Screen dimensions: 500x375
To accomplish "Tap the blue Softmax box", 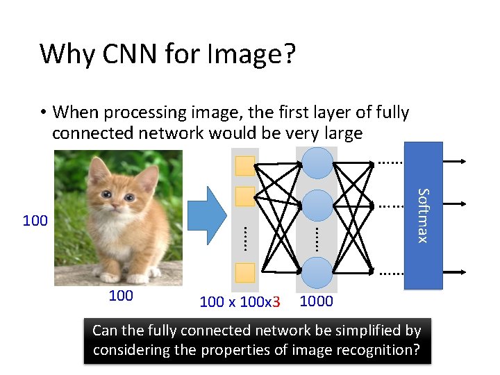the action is [423, 215].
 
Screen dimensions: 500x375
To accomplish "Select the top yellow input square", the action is [245, 166].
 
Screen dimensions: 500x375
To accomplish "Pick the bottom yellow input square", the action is [245, 273].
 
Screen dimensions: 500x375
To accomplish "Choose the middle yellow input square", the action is [245, 197].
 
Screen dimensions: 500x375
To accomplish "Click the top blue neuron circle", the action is [317, 162].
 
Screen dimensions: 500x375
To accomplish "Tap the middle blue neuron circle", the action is [317, 205].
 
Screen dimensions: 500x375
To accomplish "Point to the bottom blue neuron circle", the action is [317, 272].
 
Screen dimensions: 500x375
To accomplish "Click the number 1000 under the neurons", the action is [316, 301].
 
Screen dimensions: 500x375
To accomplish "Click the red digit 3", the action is [276, 302].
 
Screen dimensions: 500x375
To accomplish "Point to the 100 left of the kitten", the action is [35, 222].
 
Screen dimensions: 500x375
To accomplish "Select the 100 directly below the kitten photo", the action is [121, 296].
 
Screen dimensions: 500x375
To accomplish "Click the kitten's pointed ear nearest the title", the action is [97, 167].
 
